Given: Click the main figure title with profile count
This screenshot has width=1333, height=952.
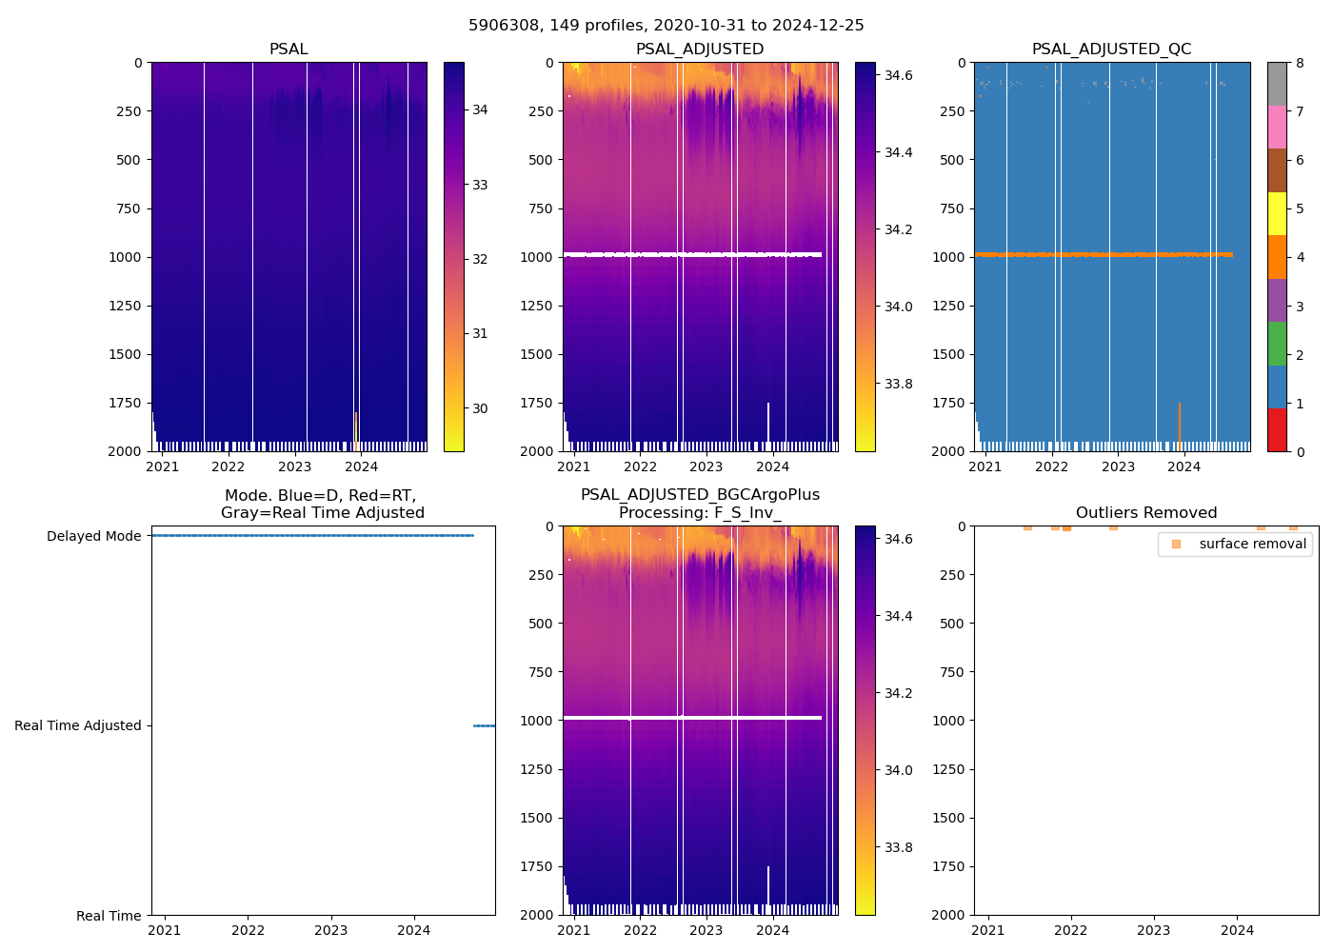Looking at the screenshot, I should click(666, 26).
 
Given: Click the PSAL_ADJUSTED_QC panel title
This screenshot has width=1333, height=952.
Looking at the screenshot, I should click(1111, 50).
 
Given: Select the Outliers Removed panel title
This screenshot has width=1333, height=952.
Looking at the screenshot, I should click(1145, 513).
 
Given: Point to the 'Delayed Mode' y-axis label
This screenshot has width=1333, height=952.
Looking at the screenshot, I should click(93, 537).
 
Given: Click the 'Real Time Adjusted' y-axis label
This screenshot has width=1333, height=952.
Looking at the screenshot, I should click(77, 725).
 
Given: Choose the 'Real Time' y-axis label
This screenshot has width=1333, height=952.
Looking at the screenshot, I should click(109, 916).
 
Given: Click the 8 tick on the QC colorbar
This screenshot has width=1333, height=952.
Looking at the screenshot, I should click(1300, 63).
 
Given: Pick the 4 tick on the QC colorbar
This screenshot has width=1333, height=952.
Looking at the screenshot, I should click(1300, 257).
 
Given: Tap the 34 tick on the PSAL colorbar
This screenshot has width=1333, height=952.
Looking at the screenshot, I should click(480, 110).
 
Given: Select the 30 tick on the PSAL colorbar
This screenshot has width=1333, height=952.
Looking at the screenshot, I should click(480, 408).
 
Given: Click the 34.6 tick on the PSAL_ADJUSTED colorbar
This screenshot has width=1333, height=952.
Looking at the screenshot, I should click(898, 75).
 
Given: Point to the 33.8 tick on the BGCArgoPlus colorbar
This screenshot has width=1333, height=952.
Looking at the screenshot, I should click(898, 847).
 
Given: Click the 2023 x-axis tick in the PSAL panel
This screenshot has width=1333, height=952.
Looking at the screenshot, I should click(294, 466).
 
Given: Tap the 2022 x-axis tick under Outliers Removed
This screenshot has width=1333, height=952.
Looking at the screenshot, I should click(1070, 930).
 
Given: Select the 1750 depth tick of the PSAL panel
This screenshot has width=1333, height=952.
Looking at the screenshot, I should click(125, 403).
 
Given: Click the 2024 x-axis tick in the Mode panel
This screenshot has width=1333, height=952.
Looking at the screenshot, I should click(413, 930).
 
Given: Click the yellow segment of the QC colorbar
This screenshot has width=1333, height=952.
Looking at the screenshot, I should click(1277, 214).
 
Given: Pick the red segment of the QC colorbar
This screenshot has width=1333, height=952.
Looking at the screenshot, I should click(1277, 430).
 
